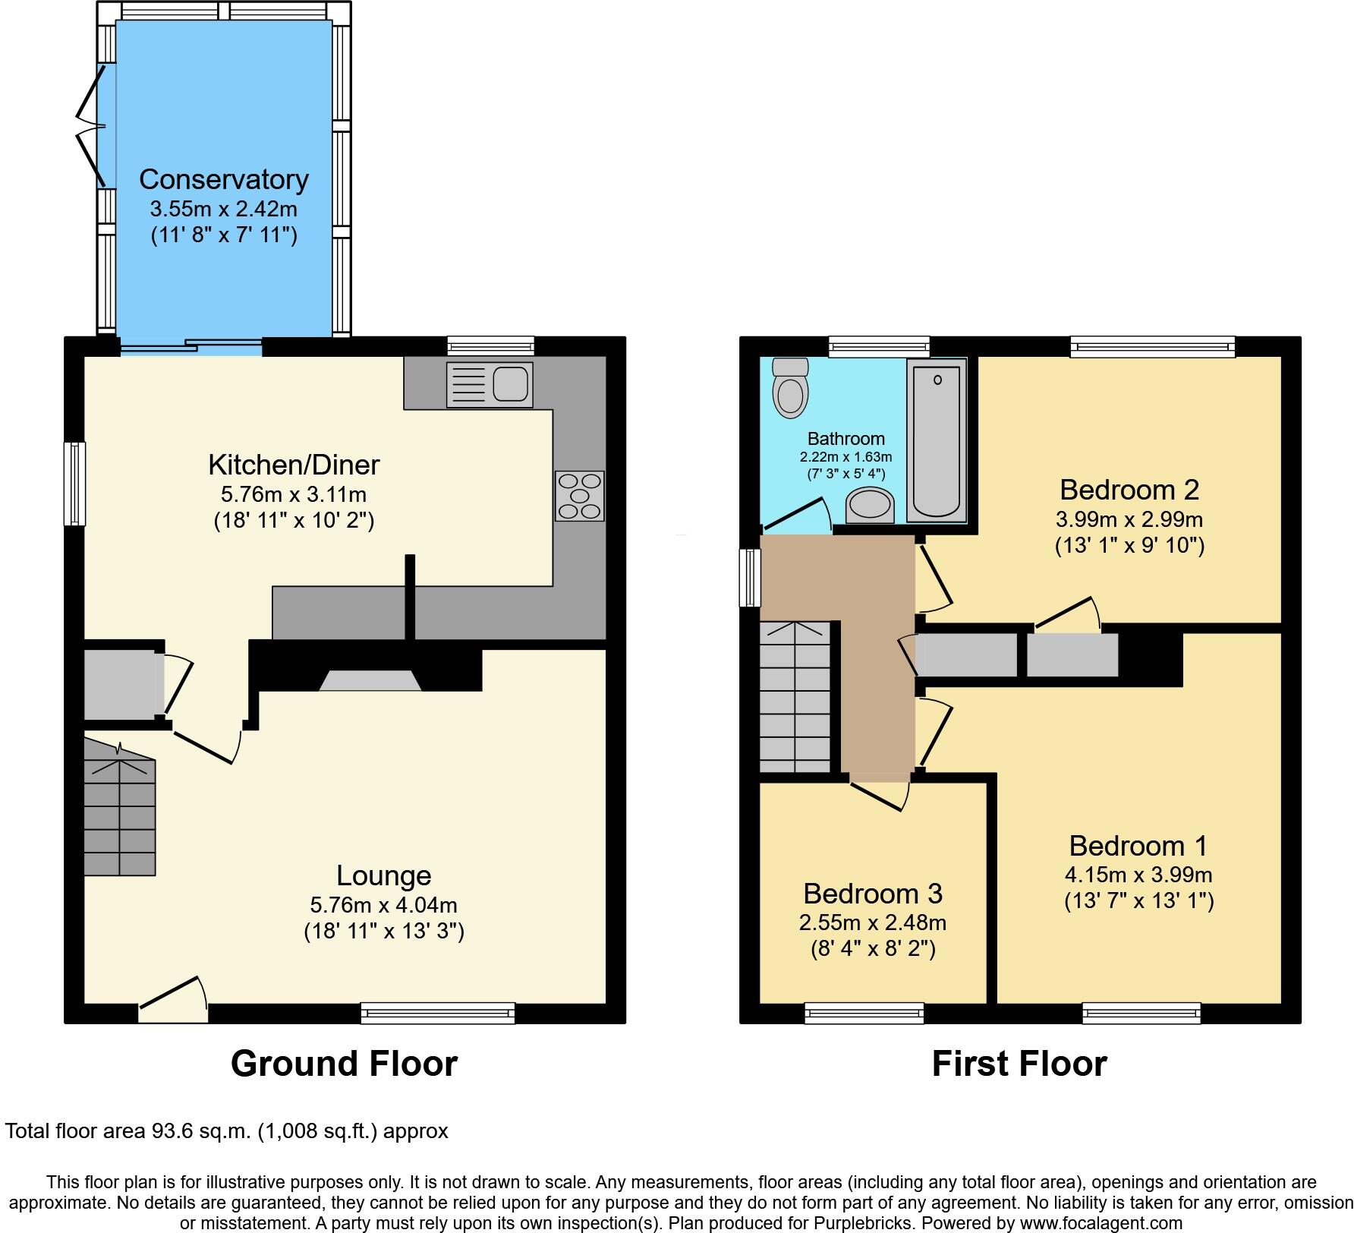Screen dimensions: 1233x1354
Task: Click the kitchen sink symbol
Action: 490,384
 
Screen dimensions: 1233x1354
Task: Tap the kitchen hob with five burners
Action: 580,496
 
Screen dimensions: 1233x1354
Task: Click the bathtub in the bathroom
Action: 937,440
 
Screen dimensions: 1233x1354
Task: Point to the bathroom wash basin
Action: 870,506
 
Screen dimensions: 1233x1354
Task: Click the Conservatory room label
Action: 224,179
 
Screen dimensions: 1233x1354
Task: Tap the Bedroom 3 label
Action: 873,894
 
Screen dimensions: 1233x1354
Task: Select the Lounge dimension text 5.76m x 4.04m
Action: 383,905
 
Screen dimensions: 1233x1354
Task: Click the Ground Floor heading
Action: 344,1064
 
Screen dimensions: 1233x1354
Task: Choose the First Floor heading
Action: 1019,1064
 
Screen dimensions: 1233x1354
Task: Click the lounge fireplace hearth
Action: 370,680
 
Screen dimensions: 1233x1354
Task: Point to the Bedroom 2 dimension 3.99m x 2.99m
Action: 1129,520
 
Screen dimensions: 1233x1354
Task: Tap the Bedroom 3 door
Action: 880,793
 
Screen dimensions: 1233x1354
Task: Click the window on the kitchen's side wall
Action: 74,484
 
